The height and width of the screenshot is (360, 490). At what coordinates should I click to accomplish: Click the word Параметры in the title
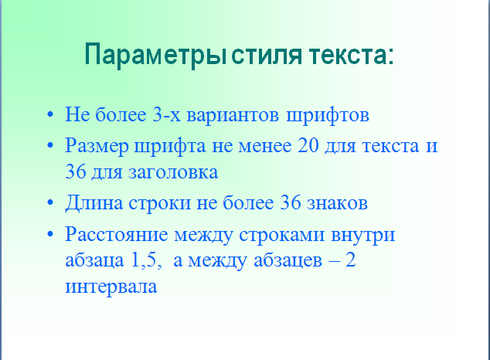tap(155, 56)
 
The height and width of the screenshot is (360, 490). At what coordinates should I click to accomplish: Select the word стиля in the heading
tap(267, 56)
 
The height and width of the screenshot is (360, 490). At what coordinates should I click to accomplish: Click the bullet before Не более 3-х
tap(50, 114)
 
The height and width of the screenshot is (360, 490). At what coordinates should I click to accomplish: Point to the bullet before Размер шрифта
tap(50, 145)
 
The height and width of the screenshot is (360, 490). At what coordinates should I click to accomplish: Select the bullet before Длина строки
tap(50, 202)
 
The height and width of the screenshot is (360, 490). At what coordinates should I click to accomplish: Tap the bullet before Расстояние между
tap(50, 234)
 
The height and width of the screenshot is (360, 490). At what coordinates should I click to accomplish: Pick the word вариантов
tap(233, 115)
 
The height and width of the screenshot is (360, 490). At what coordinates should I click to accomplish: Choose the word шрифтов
tap(328, 116)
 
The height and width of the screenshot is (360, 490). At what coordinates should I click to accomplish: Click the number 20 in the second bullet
tap(308, 145)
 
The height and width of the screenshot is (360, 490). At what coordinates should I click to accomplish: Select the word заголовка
tap(173, 172)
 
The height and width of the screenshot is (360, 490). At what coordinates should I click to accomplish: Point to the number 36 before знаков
tap(291, 202)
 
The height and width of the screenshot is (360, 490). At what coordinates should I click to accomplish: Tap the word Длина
tap(94, 203)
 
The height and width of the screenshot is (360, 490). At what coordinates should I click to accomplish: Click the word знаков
tap(337, 203)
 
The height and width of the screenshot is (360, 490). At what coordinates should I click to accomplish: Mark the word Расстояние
tap(117, 235)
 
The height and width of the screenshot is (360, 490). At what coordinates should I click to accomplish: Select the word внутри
tap(362, 235)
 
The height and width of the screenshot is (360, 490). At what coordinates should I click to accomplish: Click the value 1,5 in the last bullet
tap(146, 260)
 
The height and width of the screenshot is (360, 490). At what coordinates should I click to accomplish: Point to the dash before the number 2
tap(335, 262)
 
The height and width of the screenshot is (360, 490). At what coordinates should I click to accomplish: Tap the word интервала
tap(111, 287)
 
